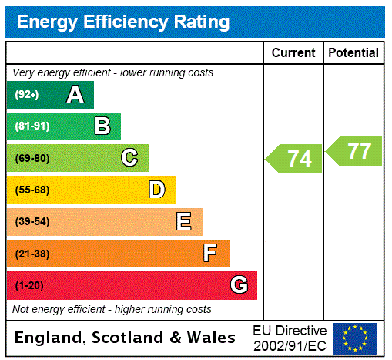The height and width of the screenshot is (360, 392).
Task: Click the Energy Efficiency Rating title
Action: pos(123,22)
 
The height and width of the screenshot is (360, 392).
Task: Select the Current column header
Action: pos(293,53)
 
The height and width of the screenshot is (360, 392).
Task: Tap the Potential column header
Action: pos(353,53)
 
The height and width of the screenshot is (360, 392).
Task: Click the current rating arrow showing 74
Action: pos(295,159)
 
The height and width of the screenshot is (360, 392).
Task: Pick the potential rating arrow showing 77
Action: pos(355,150)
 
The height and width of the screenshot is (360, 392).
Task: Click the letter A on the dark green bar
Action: pos(75,95)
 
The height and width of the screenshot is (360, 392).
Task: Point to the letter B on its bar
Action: pos(102,126)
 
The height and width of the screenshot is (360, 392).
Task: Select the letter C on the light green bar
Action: pos(129,158)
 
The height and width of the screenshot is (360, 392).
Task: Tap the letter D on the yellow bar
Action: pos(156,190)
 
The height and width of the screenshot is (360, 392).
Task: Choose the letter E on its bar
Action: pos(183,222)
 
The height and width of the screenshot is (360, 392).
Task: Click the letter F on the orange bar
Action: pos(209,254)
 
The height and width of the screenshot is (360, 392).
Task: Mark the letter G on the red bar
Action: pos(239,285)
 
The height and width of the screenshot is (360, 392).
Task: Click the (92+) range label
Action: pos(27,95)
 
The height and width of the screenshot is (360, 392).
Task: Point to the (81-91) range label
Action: pos(32,126)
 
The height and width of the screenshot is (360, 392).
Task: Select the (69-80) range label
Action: pos(32,158)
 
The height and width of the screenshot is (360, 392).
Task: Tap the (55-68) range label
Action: pos(32,190)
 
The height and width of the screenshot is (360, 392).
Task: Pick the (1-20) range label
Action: pos(29,286)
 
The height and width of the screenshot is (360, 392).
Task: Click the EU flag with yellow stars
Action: pos(355,338)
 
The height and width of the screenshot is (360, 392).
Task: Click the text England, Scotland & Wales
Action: pos(126,338)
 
